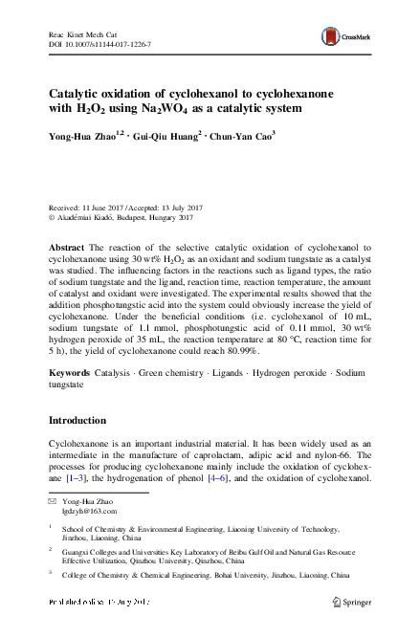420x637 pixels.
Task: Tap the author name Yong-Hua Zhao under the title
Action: pos(84,136)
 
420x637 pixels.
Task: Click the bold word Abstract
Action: pos(67,248)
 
